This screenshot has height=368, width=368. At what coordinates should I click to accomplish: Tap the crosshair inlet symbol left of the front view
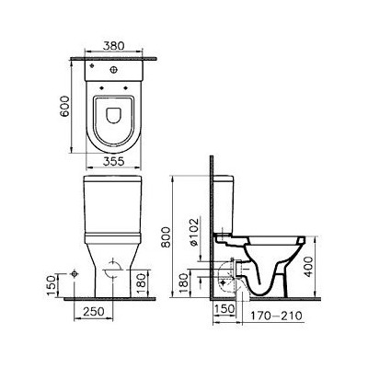click(x=74, y=275)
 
